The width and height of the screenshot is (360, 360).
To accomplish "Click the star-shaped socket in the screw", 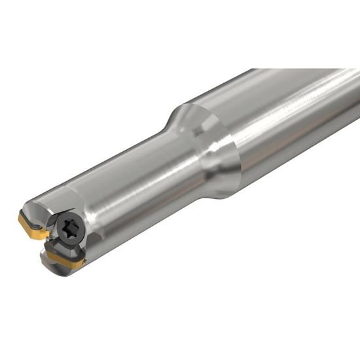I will (68, 229).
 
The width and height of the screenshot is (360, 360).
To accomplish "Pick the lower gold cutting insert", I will (66, 261).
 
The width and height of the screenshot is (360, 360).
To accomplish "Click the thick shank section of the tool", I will (288, 124).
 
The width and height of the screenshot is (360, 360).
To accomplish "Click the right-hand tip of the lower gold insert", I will (84, 264).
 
